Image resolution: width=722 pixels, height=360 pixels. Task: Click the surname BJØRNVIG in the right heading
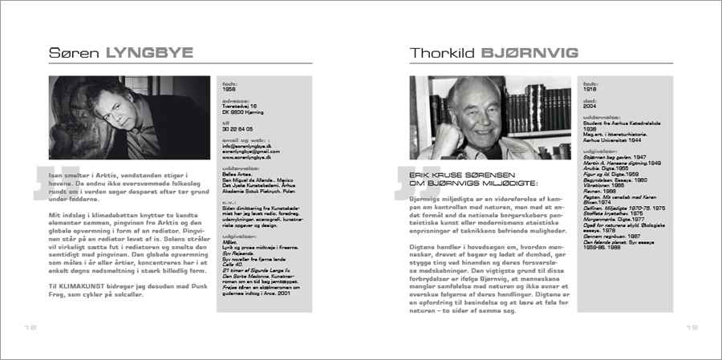click(x=528, y=53)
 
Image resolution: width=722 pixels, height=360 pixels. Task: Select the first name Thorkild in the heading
click(x=443, y=53)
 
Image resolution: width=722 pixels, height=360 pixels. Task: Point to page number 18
click(x=30, y=327)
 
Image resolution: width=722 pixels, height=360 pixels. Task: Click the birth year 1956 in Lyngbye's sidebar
click(x=229, y=90)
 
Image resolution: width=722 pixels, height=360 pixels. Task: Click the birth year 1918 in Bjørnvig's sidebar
click(x=590, y=89)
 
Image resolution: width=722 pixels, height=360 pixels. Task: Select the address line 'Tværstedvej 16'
click(x=241, y=105)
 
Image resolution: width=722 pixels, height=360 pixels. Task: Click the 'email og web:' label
click(x=244, y=140)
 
